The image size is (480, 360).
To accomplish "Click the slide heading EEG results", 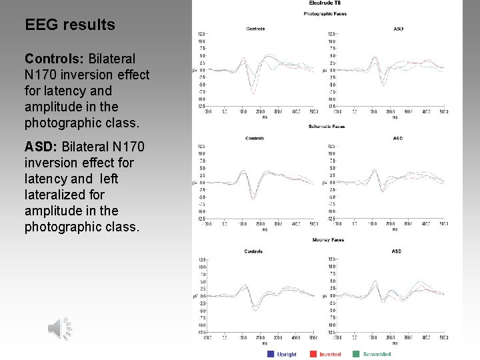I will pos(70,25).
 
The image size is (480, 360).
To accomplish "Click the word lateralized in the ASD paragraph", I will pos(55,195).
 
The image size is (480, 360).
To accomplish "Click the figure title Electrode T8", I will pos(325,4).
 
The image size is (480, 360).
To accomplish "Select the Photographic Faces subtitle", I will pos(325,13).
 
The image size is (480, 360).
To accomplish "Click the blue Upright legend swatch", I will pos(271,354).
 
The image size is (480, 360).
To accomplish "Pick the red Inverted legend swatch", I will pos(311,354).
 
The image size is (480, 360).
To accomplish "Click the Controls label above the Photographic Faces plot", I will pos(255,29).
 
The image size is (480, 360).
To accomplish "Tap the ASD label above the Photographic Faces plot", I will pos(399,29).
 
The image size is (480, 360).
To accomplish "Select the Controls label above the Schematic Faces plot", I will pos(255,139).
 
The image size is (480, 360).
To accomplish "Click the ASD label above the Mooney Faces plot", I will pos(397,251).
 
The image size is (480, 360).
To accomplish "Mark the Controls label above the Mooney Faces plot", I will pos(253,251).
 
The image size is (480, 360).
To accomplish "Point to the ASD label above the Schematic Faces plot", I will pos(399,139).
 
